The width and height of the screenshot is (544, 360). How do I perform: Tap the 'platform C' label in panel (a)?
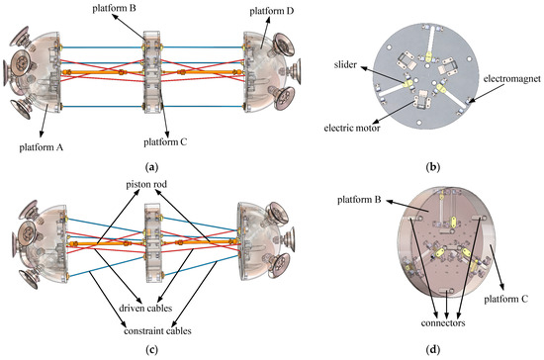164,141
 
